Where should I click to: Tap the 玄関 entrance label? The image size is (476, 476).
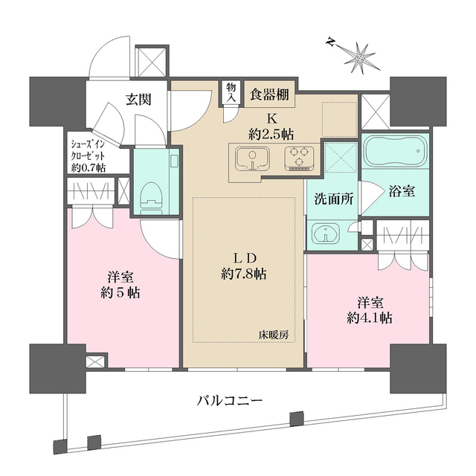click(x=138, y=99)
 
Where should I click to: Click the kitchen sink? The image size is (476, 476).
click(x=251, y=158)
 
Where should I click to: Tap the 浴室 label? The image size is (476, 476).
click(x=401, y=190)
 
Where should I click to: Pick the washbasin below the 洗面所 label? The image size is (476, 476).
click(x=326, y=234)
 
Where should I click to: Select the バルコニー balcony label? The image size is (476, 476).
click(x=229, y=401)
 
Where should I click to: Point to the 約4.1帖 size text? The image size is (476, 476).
click(x=370, y=318)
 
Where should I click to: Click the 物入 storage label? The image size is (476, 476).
click(x=231, y=92)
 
